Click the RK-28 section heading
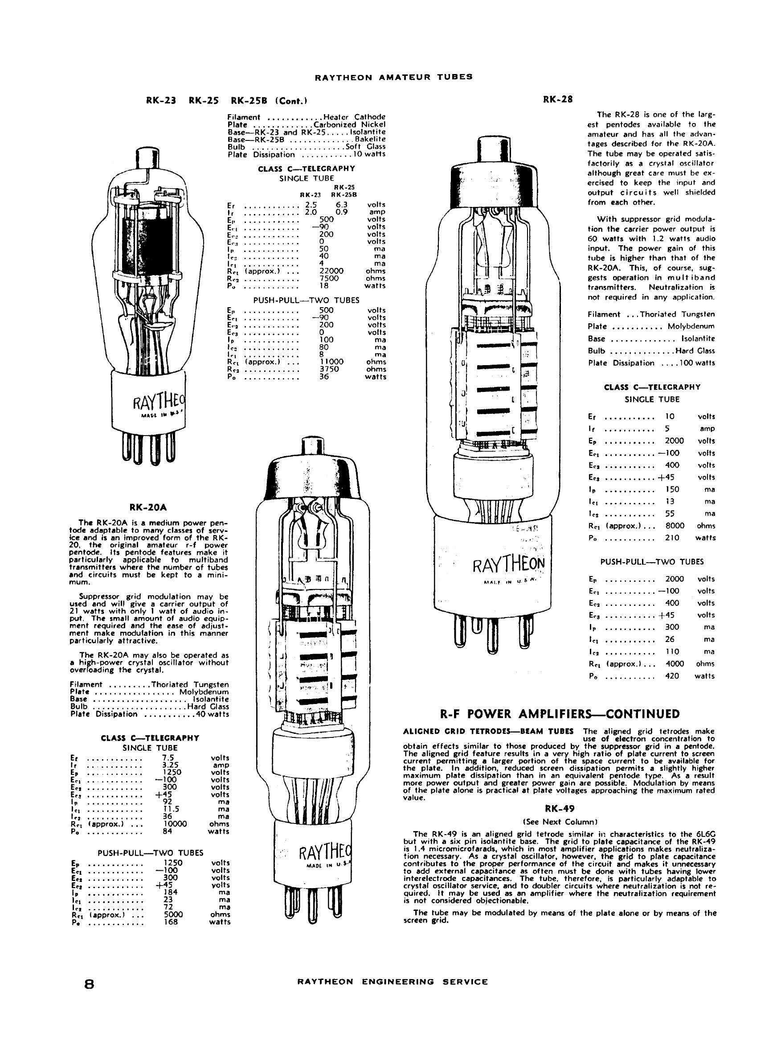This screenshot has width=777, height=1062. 557,99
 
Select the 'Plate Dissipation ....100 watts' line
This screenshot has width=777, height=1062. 651,363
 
